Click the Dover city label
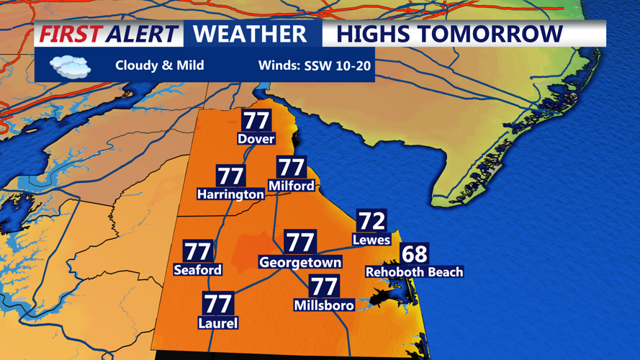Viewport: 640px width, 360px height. (256, 138)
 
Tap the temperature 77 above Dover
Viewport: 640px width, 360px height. (256, 120)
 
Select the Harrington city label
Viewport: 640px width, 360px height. (230, 194)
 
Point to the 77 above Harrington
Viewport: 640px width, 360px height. (230, 176)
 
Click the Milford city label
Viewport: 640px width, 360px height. (291, 185)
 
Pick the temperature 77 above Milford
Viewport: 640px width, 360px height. (292, 167)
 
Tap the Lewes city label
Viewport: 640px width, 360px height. (371, 239)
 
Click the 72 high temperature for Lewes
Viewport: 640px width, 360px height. (371, 220)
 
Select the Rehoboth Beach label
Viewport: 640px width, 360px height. (414, 271)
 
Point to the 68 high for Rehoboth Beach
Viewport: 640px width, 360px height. (414, 253)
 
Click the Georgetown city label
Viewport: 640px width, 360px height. (300, 262)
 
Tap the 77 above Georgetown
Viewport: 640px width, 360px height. (300, 242)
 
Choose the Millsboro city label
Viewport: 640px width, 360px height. (324, 305)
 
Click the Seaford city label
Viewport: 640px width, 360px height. (198, 270)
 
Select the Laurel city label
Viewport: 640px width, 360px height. (217, 323)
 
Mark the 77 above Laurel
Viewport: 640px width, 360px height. (217, 304)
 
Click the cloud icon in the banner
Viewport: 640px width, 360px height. (70, 66)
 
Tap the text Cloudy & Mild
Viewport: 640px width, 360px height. (159, 66)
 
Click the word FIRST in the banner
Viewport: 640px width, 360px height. (70, 34)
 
